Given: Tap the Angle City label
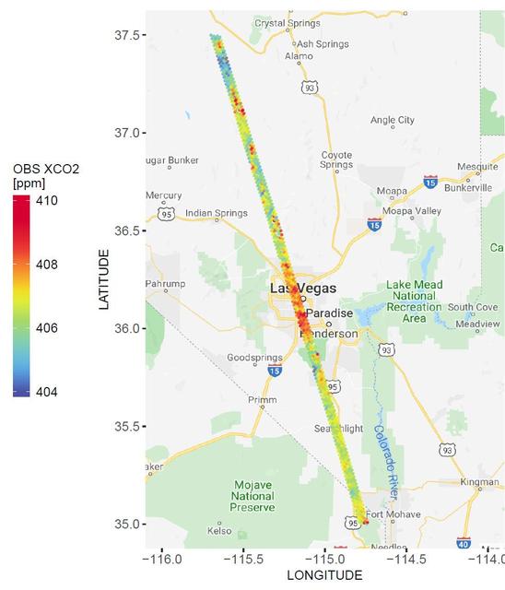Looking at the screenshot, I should click(392, 120).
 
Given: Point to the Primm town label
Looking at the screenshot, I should click(262, 399).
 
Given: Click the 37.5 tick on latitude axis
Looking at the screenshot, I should click(124, 35).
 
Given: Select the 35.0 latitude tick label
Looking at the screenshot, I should click(124, 524).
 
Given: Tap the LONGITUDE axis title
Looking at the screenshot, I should click(323, 576).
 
